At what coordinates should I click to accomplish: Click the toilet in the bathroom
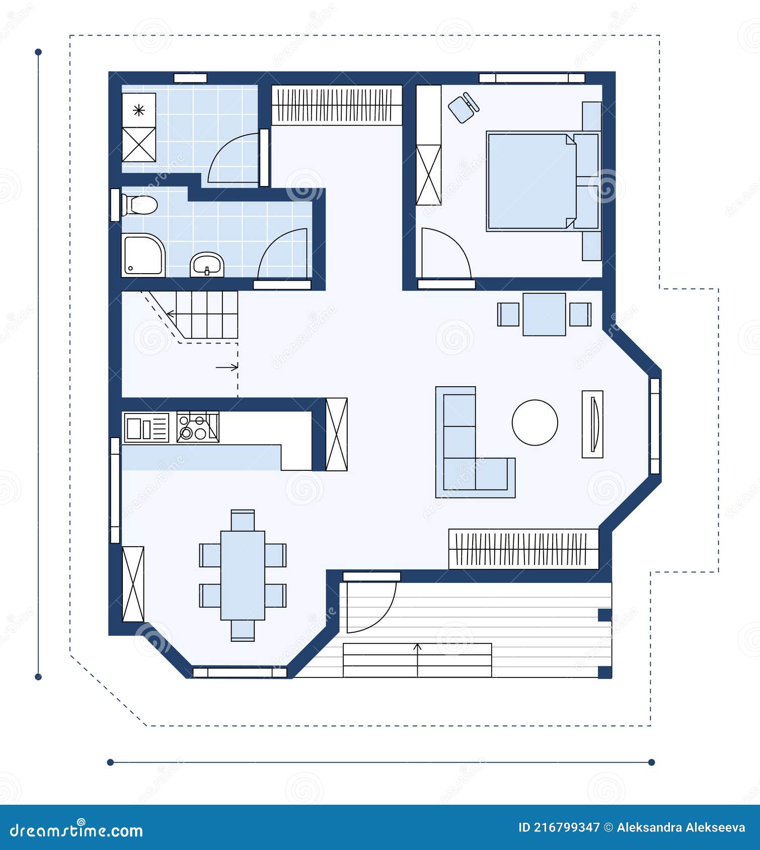(140, 205)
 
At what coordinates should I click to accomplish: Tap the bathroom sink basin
(207, 264)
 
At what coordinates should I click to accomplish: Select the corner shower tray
(142, 255)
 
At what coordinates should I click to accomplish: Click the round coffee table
(535, 422)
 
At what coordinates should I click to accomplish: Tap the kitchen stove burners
(197, 427)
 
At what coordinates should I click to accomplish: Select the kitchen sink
(146, 428)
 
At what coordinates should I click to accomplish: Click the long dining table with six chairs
(243, 575)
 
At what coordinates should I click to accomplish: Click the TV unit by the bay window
(592, 424)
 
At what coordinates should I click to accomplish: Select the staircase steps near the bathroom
(206, 314)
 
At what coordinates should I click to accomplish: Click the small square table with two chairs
(544, 314)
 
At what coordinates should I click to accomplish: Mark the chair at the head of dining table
(243, 520)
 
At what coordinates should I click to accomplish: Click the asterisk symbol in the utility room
(139, 110)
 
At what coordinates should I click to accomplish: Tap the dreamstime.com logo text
(77, 830)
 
